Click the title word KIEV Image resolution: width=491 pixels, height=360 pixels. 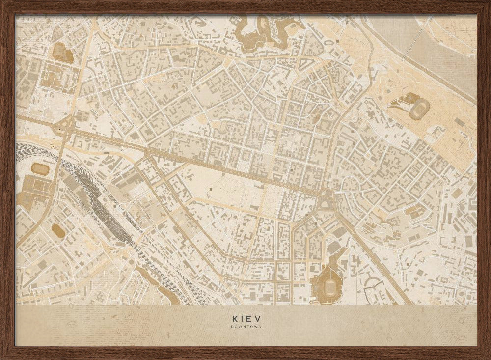pos(245,318)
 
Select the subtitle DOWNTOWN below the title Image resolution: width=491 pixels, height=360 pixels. pos(245,326)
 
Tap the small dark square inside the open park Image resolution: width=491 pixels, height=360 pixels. pos(210,188)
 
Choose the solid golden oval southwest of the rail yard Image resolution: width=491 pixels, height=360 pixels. pos(58,231)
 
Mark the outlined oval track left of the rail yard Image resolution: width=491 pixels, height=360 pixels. pos(40,169)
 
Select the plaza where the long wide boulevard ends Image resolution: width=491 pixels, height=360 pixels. pos(326,199)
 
